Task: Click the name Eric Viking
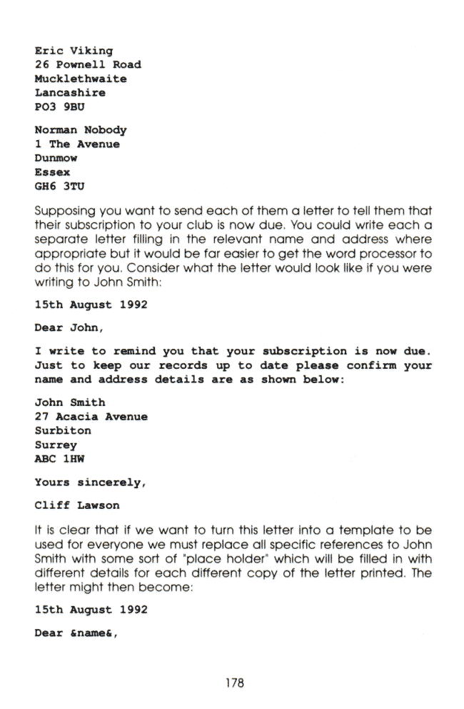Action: click(x=74, y=51)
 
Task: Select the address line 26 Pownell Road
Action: click(x=88, y=64)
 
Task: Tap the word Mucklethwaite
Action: click(x=81, y=79)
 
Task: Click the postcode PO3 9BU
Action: click(x=59, y=106)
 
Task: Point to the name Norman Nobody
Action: click(x=81, y=130)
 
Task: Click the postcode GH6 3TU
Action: click(x=59, y=186)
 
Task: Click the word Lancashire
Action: click(x=70, y=93)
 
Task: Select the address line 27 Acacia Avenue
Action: click(x=91, y=417)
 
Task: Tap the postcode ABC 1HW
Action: click(x=59, y=459)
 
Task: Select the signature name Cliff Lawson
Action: click(x=77, y=506)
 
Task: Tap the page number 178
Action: click(x=232, y=683)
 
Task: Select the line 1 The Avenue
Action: click(x=77, y=144)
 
